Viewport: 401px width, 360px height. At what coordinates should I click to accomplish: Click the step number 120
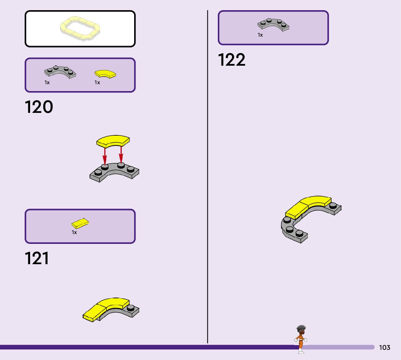pyautogui.click(x=39, y=107)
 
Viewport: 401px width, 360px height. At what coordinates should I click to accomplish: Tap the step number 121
pyautogui.click(x=37, y=259)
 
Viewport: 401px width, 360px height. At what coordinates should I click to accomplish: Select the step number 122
pyautogui.click(x=231, y=60)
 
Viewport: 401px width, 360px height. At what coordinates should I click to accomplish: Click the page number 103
pyautogui.click(x=384, y=348)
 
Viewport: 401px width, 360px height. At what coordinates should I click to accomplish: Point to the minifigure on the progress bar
pyautogui.click(x=301, y=339)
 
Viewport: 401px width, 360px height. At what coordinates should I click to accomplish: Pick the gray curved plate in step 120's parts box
pyautogui.click(x=60, y=72)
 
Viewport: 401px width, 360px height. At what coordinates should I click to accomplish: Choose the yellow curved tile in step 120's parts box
pyautogui.click(x=105, y=74)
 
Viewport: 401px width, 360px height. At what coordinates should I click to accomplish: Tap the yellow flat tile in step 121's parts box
pyautogui.click(x=80, y=223)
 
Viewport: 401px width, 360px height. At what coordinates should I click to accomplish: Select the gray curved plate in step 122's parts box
pyautogui.click(x=273, y=24)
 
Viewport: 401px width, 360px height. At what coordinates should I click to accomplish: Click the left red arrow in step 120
pyautogui.click(x=105, y=156)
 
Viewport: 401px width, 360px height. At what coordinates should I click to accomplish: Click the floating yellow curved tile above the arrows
pyautogui.click(x=113, y=141)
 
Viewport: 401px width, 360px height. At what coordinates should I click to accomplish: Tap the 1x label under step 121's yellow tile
pyautogui.click(x=74, y=232)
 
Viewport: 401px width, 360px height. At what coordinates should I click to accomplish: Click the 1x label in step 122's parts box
pyautogui.click(x=260, y=35)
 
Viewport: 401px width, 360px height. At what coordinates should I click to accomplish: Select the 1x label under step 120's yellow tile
pyautogui.click(x=97, y=83)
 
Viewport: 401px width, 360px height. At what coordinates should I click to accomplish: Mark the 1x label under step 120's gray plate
pyautogui.click(x=47, y=83)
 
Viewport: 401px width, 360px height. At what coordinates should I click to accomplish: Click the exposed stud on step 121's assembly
pyautogui.click(x=131, y=308)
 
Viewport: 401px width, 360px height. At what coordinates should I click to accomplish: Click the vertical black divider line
pyautogui.click(x=207, y=181)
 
